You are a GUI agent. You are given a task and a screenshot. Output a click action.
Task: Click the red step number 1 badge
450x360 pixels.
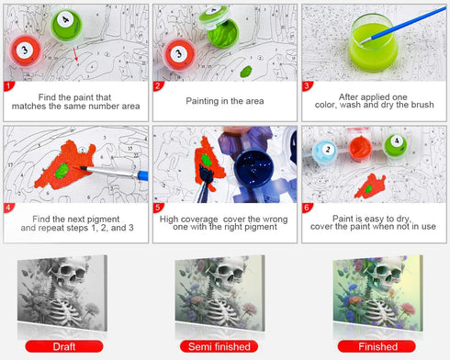click(8, 86)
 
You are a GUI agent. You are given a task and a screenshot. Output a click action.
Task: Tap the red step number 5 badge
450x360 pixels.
click(158, 208)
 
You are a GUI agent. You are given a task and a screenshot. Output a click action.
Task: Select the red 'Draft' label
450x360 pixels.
click(64, 346)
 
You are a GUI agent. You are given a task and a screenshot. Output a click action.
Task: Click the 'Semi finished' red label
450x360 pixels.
click(219, 346)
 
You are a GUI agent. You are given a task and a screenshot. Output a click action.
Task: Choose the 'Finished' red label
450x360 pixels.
click(377, 346)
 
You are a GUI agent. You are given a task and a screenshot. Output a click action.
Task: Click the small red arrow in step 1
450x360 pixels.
click(75, 54)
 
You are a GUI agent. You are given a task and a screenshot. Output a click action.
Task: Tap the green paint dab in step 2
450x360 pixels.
click(246, 72)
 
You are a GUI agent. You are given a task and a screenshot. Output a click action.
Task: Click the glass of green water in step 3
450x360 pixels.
click(373, 43)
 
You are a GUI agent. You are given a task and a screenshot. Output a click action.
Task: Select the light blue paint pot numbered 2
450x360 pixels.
click(325, 152)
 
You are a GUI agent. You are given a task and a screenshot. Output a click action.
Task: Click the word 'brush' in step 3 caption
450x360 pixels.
click(422, 105)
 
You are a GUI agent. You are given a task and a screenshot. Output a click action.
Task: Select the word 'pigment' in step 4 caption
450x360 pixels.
click(103, 219)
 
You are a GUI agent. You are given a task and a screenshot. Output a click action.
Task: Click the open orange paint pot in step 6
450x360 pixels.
click(360, 148)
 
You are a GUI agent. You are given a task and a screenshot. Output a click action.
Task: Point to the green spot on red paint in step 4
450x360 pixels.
click(62, 171)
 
